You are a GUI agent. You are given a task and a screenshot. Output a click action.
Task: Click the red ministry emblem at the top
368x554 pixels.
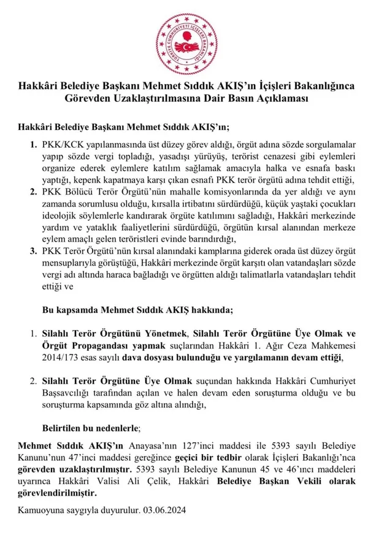pyautogui.click(x=184, y=36)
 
